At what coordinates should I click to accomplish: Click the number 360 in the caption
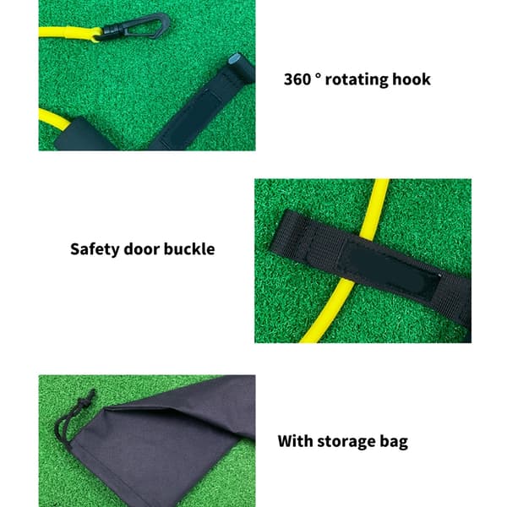[x=297, y=79]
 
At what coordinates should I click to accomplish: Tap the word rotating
[x=357, y=80]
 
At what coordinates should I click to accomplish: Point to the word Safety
[x=95, y=249]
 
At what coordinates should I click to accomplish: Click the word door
[x=142, y=249]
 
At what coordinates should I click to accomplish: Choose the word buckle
[x=189, y=249]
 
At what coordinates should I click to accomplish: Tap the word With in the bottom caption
[x=295, y=441]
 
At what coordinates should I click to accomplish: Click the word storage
[x=346, y=442]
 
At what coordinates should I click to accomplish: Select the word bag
[x=394, y=442]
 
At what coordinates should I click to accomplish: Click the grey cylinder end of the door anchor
[x=234, y=59]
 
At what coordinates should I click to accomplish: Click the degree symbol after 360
[x=319, y=76]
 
